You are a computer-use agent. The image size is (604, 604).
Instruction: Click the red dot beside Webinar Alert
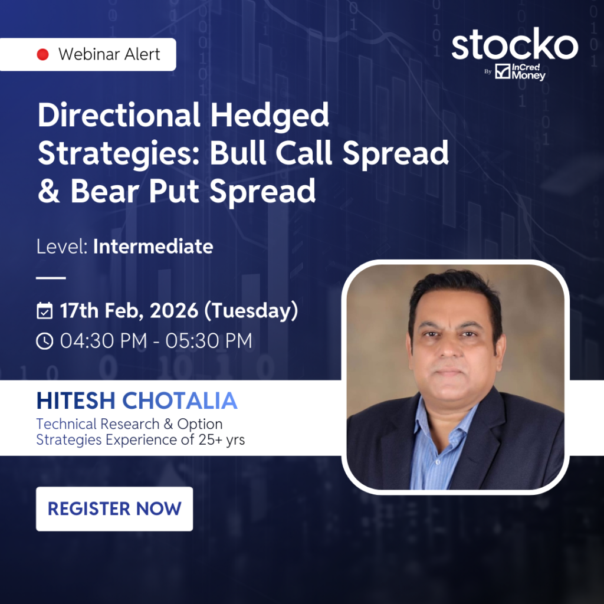(42, 54)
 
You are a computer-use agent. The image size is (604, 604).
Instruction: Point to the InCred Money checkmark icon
(503, 71)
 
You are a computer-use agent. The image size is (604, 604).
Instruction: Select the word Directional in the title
(119, 115)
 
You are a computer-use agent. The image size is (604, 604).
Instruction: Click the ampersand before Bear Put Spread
(49, 191)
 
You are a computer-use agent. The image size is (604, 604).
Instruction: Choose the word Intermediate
(153, 247)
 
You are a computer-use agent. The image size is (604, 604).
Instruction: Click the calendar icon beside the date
(45, 311)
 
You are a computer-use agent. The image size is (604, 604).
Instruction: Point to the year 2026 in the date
(174, 310)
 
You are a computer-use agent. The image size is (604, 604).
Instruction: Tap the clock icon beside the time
(45, 341)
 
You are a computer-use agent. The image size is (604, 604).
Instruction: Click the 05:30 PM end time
(209, 341)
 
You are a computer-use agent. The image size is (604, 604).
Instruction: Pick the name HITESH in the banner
(76, 401)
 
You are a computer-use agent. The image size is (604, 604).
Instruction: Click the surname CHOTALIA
(179, 401)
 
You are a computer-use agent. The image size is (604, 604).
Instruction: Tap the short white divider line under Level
(51, 277)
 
